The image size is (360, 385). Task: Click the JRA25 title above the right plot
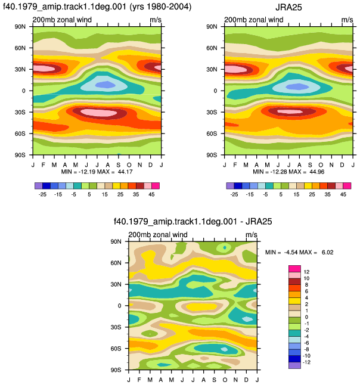click(x=288, y=7)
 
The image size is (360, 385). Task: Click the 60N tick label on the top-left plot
click(x=20, y=48)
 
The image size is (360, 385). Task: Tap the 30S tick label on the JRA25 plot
click(x=212, y=112)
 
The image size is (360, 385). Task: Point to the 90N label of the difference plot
click(x=116, y=241)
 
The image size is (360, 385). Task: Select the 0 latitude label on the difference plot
click(x=119, y=306)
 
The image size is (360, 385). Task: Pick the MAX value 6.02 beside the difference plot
click(x=328, y=253)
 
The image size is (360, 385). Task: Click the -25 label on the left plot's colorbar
click(x=42, y=194)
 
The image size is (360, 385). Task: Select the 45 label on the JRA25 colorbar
click(x=343, y=194)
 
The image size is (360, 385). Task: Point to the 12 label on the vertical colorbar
click(x=306, y=272)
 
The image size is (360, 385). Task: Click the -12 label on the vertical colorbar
click(x=306, y=362)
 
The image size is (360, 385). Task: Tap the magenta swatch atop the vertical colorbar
click(x=294, y=269)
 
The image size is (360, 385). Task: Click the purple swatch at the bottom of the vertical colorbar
click(x=294, y=365)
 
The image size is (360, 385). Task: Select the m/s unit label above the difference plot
click(x=251, y=235)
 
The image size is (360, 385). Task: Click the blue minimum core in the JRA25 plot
click(x=297, y=86)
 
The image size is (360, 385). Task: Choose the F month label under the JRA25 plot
click(x=235, y=164)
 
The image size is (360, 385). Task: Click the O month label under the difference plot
click(x=225, y=380)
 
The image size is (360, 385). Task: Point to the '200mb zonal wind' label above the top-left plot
click(x=62, y=20)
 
